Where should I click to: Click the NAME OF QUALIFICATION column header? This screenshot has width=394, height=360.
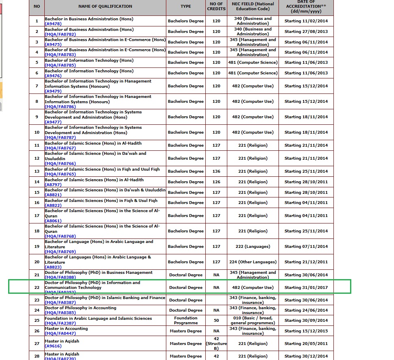point(105,7)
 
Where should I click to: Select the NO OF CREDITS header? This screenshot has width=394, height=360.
point(216,7)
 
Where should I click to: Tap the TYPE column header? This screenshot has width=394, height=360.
point(186,7)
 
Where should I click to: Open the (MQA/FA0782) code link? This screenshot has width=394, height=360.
point(60,35)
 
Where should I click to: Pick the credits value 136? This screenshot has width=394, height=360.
point(216,171)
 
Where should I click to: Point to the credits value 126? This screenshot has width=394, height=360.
point(216,182)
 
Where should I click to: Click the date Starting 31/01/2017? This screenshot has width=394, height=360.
point(306,288)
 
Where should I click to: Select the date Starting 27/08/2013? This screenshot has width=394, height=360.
point(306,32)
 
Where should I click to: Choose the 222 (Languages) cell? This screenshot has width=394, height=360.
point(253,247)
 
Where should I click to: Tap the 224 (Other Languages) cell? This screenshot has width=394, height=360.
point(253,262)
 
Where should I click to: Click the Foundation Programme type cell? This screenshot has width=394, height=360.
point(186,321)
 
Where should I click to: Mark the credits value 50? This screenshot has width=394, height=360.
point(216,321)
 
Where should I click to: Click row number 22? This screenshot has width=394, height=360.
point(37,288)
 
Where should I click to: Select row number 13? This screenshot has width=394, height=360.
point(37,171)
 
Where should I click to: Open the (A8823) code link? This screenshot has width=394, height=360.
point(53,267)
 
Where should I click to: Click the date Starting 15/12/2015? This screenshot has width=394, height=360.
point(306,331)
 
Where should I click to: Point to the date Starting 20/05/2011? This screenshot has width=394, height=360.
point(306,344)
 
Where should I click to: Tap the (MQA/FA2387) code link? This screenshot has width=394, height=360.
point(60,323)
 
